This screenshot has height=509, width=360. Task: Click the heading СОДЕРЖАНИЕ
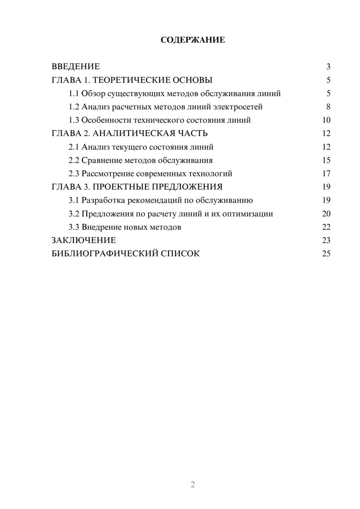[193, 40]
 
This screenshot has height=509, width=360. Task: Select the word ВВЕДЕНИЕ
[76, 67]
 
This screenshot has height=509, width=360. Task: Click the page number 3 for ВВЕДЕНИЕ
[328, 67]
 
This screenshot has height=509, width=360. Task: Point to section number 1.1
[74, 94]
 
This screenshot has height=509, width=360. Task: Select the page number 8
[328, 107]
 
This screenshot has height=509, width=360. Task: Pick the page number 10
[326, 120]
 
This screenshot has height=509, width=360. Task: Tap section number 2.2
[74, 161]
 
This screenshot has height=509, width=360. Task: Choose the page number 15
[326, 161]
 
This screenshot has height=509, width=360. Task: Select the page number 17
[326, 174]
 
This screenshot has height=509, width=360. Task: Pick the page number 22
[326, 227]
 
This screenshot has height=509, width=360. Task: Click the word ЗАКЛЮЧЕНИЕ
[84, 240]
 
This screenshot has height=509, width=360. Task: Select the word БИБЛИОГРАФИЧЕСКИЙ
[105, 254]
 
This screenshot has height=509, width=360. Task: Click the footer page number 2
[193, 485]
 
